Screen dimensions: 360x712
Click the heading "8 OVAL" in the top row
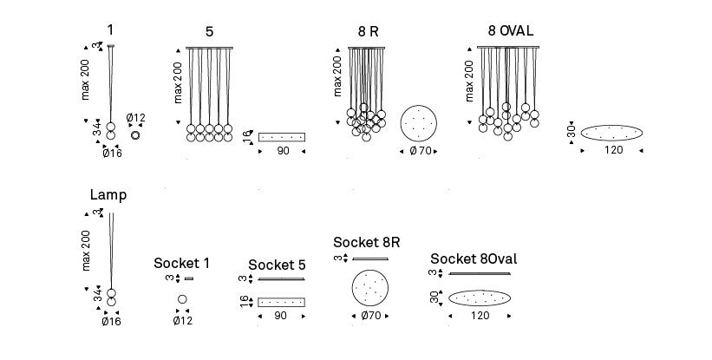click(x=511, y=31)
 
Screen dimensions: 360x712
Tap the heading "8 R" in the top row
click(x=369, y=32)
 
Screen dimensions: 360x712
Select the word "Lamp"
click(x=108, y=194)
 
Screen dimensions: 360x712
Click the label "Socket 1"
click(x=181, y=263)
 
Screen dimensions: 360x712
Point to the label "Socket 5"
click(x=277, y=265)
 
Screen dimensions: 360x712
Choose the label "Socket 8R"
click(x=366, y=241)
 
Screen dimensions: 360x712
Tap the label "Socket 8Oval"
click(x=474, y=259)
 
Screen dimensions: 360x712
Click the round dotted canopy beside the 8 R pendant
click(x=419, y=125)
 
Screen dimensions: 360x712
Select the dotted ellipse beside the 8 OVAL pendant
click(x=612, y=133)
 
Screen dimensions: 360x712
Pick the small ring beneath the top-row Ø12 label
click(x=135, y=134)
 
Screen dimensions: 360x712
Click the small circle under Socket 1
click(x=182, y=299)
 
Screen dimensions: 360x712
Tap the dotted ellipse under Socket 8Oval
click(x=479, y=298)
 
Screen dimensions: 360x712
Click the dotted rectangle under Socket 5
click(x=282, y=302)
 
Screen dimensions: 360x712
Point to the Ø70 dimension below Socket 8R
click(x=372, y=317)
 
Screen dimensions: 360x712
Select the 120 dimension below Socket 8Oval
click(x=479, y=317)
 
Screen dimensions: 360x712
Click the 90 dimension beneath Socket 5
click(x=281, y=317)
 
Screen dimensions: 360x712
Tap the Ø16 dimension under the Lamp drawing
click(x=111, y=322)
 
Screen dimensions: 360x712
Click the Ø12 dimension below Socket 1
click(x=182, y=321)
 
